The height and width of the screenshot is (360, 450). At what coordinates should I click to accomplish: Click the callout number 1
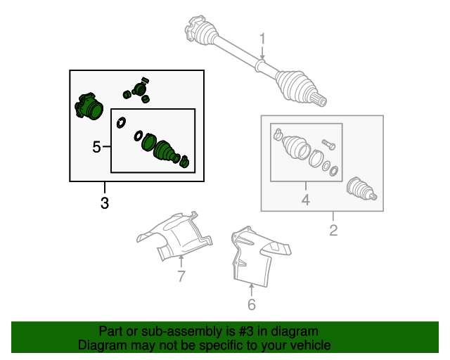pyautogui.click(x=262, y=39)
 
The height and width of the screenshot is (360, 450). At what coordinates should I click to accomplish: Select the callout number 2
pyautogui.click(x=333, y=230)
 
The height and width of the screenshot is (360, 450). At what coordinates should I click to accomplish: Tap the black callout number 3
pyautogui.click(x=105, y=204)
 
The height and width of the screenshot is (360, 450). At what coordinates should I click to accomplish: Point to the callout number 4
pyautogui.click(x=306, y=200)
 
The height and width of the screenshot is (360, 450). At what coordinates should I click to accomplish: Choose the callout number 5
pyautogui.click(x=97, y=147)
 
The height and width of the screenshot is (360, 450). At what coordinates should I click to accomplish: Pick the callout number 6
pyautogui.click(x=252, y=304)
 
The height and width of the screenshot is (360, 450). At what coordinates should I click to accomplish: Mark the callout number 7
pyautogui.click(x=181, y=276)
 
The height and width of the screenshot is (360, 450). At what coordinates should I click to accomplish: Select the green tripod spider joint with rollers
pyautogui.click(x=138, y=89)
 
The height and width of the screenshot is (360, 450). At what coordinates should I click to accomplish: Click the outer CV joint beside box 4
pyautogui.click(x=362, y=191)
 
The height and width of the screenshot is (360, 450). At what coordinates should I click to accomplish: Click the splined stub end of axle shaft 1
pyautogui.click(x=319, y=99)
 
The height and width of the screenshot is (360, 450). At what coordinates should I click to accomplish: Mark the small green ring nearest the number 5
pyautogui.click(x=122, y=123)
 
